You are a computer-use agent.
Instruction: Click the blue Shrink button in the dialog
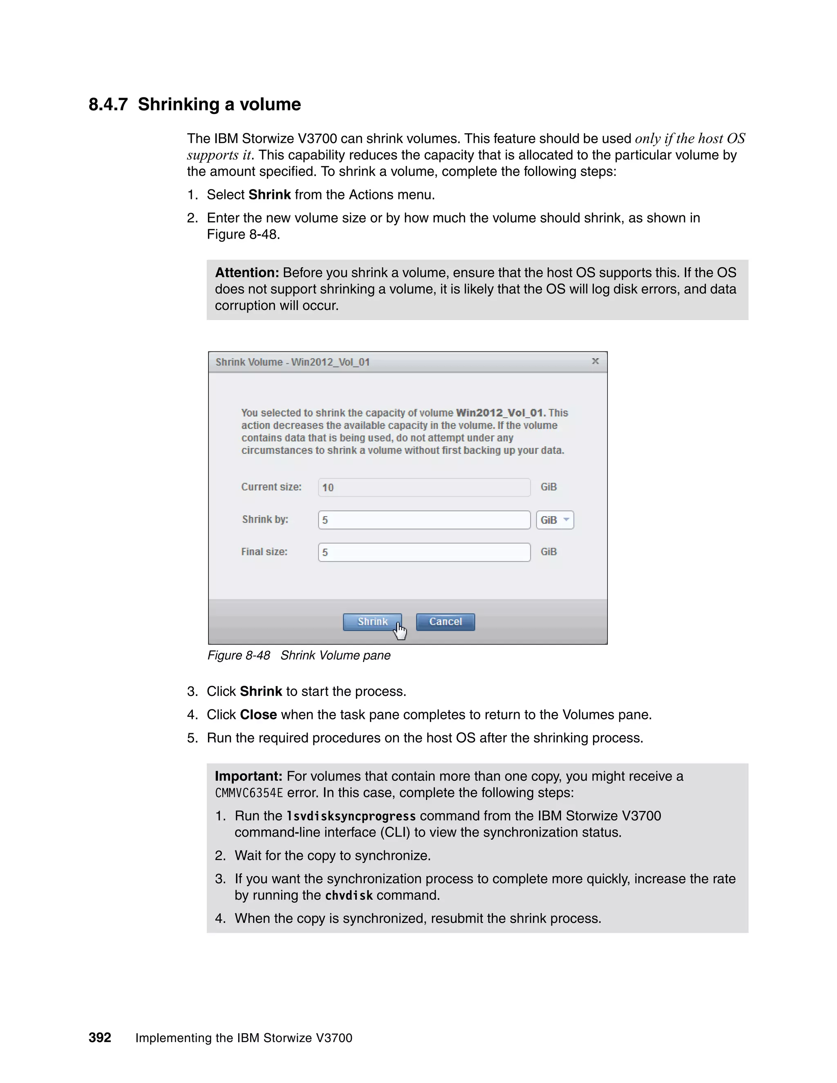click(372, 622)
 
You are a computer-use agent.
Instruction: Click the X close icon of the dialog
click(595, 362)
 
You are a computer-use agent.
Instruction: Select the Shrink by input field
click(424, 520)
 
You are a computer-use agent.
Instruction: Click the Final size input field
click(424, 552)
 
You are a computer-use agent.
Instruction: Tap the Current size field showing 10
click(424, 488)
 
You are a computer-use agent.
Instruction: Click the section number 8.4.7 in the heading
click(108, 105)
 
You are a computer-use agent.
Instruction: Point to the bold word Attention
click(247, 273)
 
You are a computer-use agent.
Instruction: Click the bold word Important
click(248, 776)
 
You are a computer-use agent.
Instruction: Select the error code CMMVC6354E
click(248, 793)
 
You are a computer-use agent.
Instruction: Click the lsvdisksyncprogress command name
click(351, 816)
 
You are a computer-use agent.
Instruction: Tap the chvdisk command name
click(349, 895)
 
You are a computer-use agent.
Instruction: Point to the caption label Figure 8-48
click(239, 656)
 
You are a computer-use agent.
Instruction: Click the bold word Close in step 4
click(258, 714)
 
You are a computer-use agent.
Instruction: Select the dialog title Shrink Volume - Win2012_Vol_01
click(293, 362)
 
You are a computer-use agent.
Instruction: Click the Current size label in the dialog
click(271, 487)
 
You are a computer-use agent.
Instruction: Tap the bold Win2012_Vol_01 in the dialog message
click(500, 413)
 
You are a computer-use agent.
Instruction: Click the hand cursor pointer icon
click(400, 631)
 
